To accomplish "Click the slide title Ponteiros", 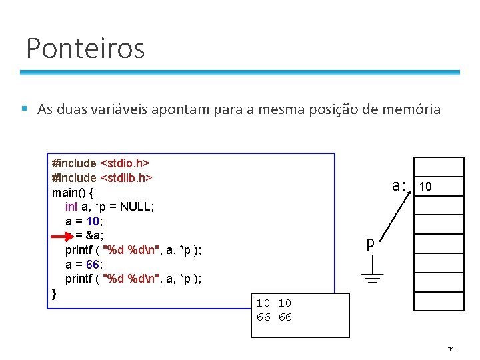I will pyautogui.click(x=85, y=48).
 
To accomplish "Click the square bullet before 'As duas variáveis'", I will pyautogui.click(x=24, y=109).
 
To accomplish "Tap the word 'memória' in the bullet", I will pyautogui.click(x=411, y=109).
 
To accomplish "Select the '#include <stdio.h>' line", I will pyautogui.click(x=100, y=163).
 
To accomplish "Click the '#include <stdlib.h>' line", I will pyautogui.click(x=103, y=177).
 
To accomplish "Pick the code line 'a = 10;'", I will pyautogui.click(x=85, y=221).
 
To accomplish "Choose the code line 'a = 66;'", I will pyautogui.click(x=85, y=265).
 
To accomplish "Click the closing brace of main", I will pyautogui.click(x=54, y=293).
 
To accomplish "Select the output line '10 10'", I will pyautogui.click(x=274, y=303).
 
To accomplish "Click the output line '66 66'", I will pyautogui.click(x=274, y=317).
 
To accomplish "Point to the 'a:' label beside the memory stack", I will pyautogui.click(x=399, y=185).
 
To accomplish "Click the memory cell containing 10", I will pyautogui.click(x=439, y=187).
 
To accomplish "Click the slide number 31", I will pyautogui.click(x=451, y=349).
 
